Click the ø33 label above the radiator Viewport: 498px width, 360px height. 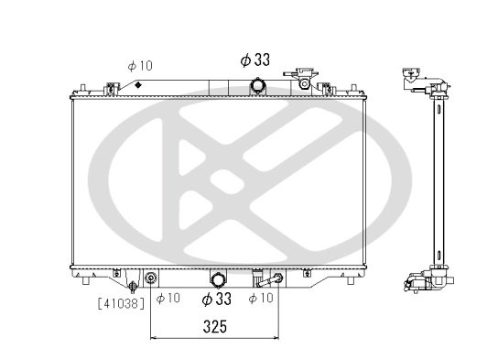254,60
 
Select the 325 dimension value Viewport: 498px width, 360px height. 214,325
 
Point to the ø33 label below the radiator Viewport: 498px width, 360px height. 216,299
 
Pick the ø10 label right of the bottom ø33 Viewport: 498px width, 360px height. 261,299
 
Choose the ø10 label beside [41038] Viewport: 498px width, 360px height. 168,299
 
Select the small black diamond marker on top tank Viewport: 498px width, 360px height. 137,84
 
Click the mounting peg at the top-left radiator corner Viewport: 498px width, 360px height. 83,89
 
